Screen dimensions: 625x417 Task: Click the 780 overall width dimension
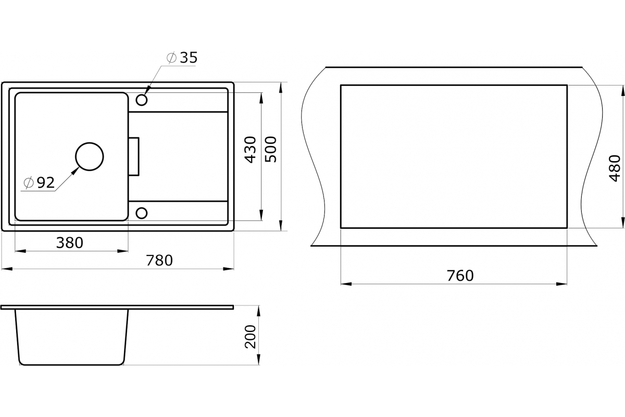(159, 260)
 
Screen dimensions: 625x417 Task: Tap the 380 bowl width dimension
(70, 243)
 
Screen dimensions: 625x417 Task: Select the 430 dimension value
(251, 150)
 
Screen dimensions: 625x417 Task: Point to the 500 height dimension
(271, 150)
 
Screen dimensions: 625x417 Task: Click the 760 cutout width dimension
(460, 276)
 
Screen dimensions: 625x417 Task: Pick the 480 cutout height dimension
(615, 168)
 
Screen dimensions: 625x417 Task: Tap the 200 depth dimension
(251, 337)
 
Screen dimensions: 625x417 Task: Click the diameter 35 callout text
(182, 57)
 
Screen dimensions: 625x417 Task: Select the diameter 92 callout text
(39, 183)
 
